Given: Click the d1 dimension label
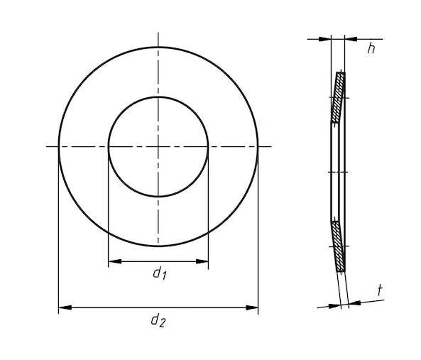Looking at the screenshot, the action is coord(160,273).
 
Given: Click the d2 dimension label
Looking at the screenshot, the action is coord(158,320).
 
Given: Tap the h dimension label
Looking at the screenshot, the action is coord(371,48).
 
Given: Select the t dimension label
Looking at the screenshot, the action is coord(380,290).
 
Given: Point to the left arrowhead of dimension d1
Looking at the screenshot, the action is coord(114,261).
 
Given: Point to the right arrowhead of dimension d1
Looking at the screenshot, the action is coord(202,261).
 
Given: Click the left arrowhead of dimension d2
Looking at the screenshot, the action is coord(65,307).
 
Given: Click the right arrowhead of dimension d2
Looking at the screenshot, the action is coord(251,307).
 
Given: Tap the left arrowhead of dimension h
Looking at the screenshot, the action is coord(325,39).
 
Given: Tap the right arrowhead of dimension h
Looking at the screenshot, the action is coord(351,39).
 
